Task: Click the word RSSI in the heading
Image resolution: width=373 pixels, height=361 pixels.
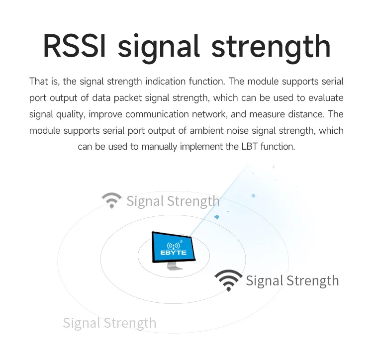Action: (x=74, y=46)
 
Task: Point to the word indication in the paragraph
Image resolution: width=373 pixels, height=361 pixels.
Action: (x=165, y=82)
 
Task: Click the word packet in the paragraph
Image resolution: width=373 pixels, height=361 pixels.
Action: (x=127, y=98)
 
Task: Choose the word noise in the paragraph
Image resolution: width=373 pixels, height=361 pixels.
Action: (x=237, y=131)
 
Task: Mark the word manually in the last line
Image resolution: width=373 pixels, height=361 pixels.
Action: (x=159, y=147)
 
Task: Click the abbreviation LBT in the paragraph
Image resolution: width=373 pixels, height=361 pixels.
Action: (x=249, y=147)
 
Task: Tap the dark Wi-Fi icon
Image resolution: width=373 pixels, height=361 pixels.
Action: (x=228, y=279)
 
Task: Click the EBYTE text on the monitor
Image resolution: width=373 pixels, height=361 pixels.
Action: (x=174, y=253)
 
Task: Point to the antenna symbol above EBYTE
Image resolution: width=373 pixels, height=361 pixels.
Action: (x=174, y=246)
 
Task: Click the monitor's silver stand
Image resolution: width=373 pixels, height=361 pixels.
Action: (x=174, y=266)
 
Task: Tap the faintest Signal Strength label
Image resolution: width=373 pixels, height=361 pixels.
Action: (x=110, y=323)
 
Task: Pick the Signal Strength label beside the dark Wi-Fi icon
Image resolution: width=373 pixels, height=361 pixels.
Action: (x=292, y=281)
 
